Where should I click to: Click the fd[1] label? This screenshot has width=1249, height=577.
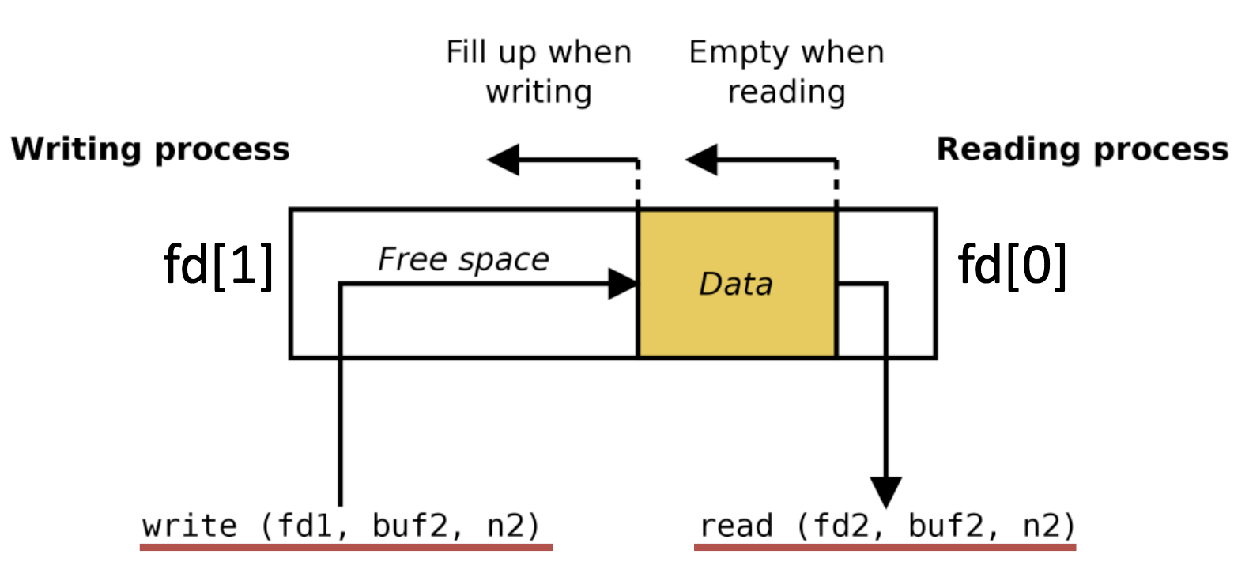[219, 265]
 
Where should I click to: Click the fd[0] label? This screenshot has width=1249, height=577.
[1013, 265]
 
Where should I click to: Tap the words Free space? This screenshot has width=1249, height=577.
[463, 259]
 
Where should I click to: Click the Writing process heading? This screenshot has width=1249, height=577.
[150, 149]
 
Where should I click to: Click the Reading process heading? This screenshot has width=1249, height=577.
[1082, 149]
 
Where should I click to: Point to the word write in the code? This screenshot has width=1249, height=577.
[190, 526]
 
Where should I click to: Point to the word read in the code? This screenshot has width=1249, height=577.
[736, 526]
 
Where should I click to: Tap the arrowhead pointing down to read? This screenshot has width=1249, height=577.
[885, 491]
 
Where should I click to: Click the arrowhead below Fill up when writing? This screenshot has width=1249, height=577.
[504, 160]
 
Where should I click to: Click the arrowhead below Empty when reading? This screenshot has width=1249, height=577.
[701, 160]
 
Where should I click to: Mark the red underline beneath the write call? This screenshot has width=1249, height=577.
[346, 546]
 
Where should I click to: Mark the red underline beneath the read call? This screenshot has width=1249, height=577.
[885, 546]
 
